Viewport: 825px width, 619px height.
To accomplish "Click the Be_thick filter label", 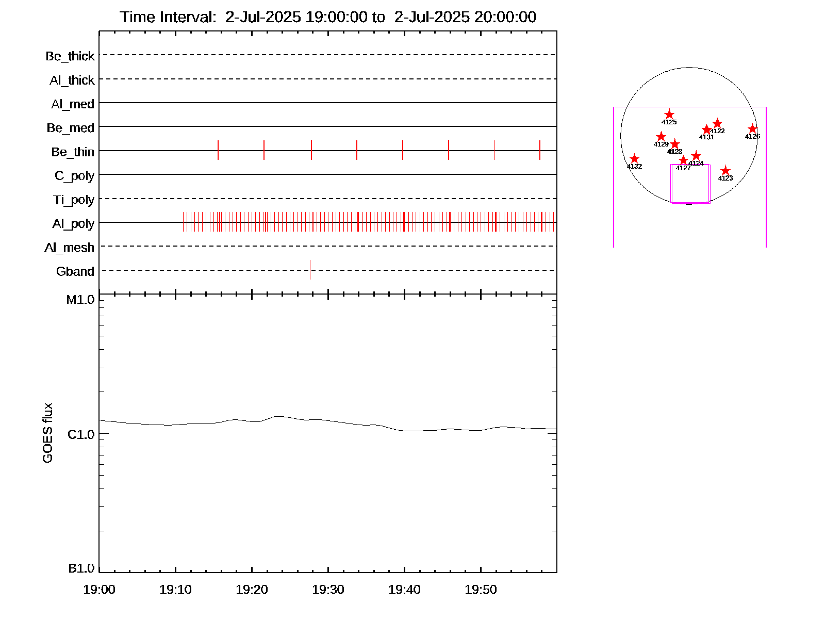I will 70,56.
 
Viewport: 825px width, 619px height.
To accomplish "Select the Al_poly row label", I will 73,224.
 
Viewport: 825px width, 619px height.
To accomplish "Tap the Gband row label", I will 75,272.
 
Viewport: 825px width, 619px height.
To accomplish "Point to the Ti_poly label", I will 74,200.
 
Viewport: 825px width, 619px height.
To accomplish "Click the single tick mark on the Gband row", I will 310,270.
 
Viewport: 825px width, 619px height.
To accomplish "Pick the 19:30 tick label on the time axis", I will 328,590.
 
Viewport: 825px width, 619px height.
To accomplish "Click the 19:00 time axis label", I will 99,590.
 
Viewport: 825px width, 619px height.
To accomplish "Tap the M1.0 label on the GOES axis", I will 80,300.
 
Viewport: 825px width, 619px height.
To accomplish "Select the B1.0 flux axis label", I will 81,568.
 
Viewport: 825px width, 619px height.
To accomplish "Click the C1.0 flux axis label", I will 81,435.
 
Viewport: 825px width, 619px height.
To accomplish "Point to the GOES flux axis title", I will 47,433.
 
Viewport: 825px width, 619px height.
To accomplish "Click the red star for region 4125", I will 669,115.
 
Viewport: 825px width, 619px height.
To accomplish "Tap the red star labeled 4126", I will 752,129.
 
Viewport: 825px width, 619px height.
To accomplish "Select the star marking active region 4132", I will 635,159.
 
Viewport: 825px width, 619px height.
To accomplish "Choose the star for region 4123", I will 725,171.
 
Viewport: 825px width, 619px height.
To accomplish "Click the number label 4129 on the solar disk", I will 661,144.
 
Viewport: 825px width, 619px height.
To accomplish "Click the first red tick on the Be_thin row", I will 218,150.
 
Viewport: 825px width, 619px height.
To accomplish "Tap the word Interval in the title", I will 187,17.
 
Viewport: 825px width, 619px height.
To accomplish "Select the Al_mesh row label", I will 70,248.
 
